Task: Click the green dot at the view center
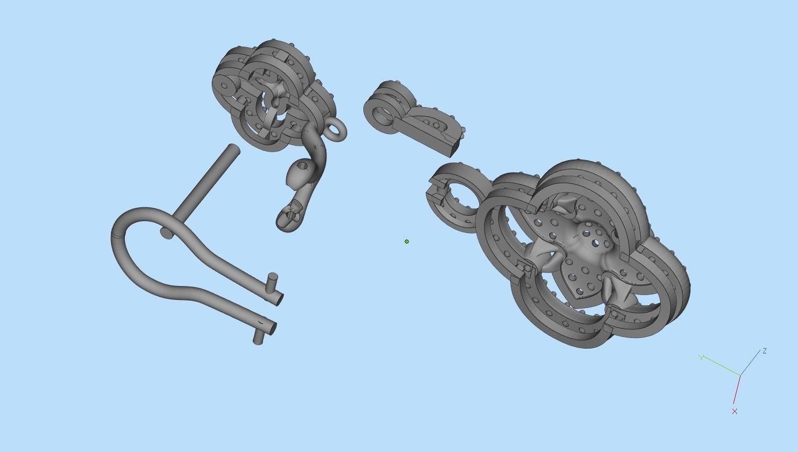pos(407,242)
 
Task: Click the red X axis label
pos(734,411)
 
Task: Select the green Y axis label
pos(701,357)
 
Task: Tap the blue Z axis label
pos(764,351)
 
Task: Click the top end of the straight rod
pos(234,148)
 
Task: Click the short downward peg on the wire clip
pos(258,340)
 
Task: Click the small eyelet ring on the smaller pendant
pos(336,130)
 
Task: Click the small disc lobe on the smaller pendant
pos(225,86)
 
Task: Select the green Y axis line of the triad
pos(721,366)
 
